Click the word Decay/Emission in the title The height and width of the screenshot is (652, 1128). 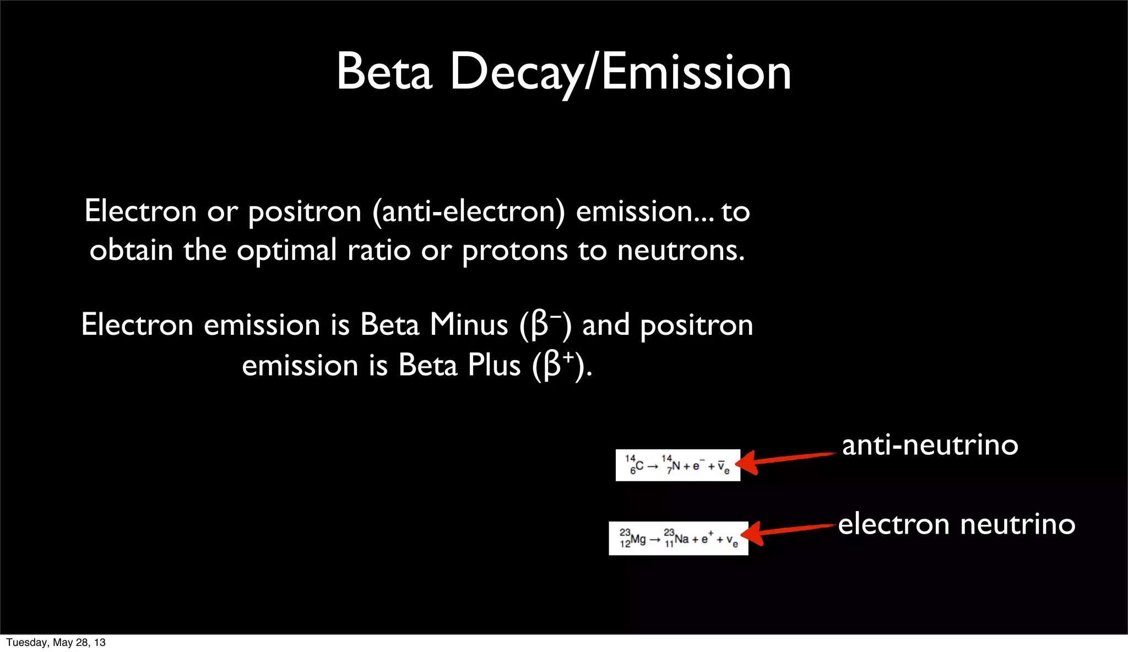click(x=621, y=73)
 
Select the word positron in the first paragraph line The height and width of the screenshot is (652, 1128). click(x=305, y=212)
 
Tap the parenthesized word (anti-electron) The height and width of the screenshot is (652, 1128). click(x=469, y=212)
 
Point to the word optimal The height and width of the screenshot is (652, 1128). click(x=286, y=251)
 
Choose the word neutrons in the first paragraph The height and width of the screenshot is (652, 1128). click(x=681, y=251)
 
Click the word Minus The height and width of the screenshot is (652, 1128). click(x=469, y=324)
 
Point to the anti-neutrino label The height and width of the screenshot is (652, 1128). click(x=930, y=445)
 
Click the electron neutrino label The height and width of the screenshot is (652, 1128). click(x=957, y=524)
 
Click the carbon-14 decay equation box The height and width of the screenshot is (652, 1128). click(x=677, y=465)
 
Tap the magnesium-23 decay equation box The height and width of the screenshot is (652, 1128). click(x=678, y=538)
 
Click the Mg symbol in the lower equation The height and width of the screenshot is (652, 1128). click(x=638, y=539)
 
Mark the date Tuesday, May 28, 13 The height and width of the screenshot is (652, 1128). click(x=56, y=643)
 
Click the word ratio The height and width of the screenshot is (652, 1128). click(x=379, y=251)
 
